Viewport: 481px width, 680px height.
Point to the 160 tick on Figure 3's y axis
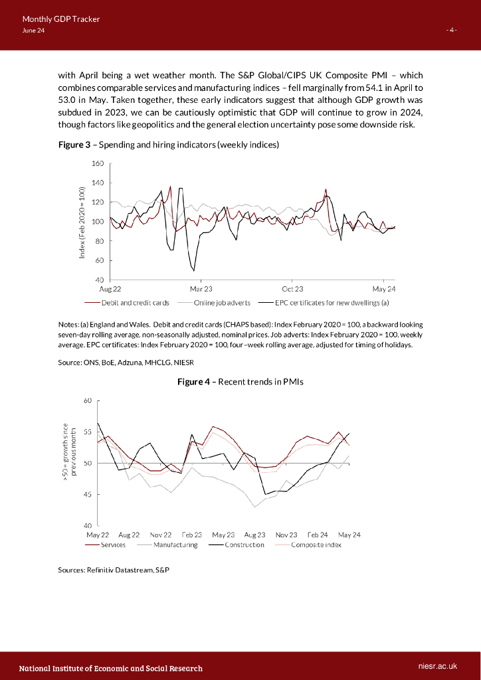point(98,163)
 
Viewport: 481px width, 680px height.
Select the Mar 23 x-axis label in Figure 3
point(201,290)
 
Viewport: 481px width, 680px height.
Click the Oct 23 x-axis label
point(292,290)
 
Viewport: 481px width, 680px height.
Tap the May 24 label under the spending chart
point(384,290)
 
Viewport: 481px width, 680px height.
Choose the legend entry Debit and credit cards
point(135,302)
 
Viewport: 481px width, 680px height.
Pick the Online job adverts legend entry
point(222,302)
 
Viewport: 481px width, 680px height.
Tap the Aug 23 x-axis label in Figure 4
point(254,535)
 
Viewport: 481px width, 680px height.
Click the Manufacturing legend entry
point(175,545)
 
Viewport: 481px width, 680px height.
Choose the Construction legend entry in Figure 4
point(244,545)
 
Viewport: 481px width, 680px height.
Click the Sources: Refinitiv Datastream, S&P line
point(114,570)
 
